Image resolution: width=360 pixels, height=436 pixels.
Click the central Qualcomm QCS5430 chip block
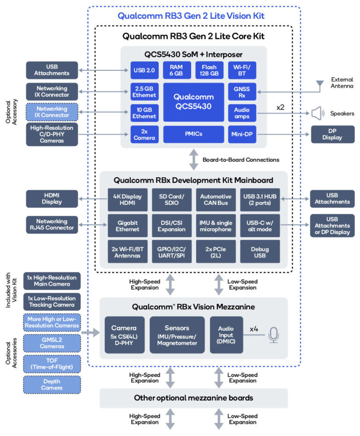point(194,102)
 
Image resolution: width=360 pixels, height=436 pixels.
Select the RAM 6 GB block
point(177,70)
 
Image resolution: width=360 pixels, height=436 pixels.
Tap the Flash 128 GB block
point(209,70)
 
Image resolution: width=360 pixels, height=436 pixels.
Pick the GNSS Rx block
point(242,92)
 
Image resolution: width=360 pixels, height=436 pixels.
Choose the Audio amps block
point(242,113)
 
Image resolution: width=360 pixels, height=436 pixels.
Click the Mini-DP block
point(242,135)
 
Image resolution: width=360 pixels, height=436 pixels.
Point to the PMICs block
point(194,135)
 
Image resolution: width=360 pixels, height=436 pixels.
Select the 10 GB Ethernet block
point(144,113)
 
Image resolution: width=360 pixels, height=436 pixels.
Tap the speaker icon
point(318,113)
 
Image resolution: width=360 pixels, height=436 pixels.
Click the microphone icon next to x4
point(274,335)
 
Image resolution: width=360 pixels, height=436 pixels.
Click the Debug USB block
point(260,251)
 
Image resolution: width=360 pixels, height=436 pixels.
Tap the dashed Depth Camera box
point(52,384)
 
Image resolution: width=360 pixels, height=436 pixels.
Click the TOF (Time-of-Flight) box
point(52,363)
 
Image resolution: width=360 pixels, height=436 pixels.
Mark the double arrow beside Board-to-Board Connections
point(194,160)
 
